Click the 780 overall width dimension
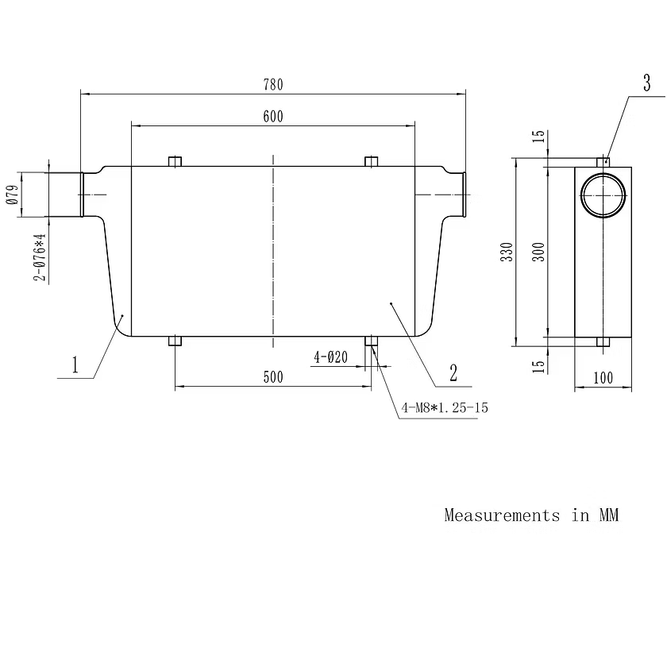[272, 85]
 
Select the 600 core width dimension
[272, 117]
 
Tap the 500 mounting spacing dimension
[272, 377]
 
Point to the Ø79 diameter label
[13, 195]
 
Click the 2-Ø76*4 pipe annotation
[39, 257]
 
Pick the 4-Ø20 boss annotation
[330, 357]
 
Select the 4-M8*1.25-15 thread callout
[445, 407]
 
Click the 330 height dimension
[507, 252]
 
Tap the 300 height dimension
[538, 252]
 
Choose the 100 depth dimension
[603, 378]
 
